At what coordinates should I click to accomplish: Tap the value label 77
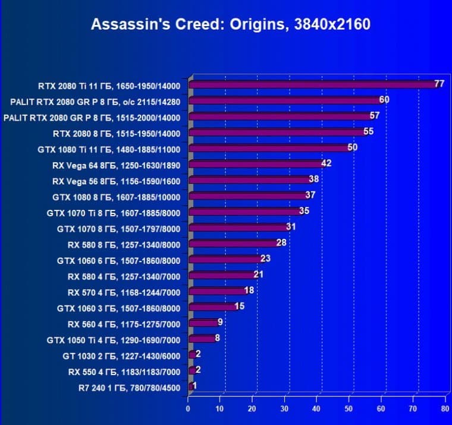(440, 84)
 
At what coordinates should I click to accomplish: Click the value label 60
(384, 100)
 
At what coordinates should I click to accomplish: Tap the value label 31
(291, 226)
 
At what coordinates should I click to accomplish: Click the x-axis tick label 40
(317, 410)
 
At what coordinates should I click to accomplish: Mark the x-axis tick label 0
(189, 410)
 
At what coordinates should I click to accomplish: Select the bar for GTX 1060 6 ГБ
(225, 260)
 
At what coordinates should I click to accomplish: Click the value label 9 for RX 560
(221, 323)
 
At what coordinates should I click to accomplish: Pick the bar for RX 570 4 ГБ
(217, 292)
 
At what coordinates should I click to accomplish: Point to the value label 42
(326, 163)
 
